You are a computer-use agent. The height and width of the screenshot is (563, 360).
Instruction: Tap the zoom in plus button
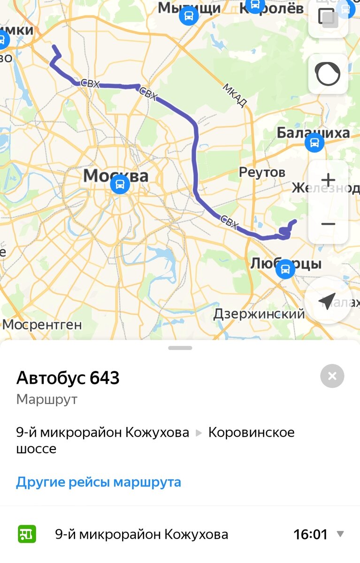tap(328, 180)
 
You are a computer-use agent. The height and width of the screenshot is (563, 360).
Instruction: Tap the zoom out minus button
tap(328, 224)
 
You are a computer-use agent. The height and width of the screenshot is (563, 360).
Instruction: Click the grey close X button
tap(332, 376)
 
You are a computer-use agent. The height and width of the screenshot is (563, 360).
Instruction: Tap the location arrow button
tap(327, 301)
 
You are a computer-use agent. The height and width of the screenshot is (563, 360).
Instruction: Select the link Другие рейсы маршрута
tap(99, 482)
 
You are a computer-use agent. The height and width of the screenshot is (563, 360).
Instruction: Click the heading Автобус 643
tap(68, 378)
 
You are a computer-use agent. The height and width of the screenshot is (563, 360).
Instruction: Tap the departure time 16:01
tap(310, 534)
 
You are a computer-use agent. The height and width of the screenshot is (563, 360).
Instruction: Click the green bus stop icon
tap(27, 534)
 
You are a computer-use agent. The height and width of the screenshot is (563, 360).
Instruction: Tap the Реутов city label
tap(262, 172)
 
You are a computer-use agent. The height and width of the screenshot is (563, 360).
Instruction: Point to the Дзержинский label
tap(259, 314)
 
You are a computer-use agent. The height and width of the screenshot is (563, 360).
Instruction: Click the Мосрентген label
tap(42, 324)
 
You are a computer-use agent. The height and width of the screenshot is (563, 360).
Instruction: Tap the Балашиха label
tap(313, 133)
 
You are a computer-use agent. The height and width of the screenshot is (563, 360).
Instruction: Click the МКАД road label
tap(234, 96)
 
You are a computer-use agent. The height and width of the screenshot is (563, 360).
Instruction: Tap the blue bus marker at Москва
tap(120, 184)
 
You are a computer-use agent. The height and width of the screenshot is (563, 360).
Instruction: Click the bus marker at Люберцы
tap(285, 269)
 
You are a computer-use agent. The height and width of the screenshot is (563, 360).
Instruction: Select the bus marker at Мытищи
tap(189, 16)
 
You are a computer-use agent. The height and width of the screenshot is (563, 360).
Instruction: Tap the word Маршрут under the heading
tap(46, 399)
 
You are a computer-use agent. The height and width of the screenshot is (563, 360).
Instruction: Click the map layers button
tap(328, 18)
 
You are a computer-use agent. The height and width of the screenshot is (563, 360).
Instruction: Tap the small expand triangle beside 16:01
tap(340, 534)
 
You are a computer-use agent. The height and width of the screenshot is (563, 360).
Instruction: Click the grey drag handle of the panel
tap(180, 348)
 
